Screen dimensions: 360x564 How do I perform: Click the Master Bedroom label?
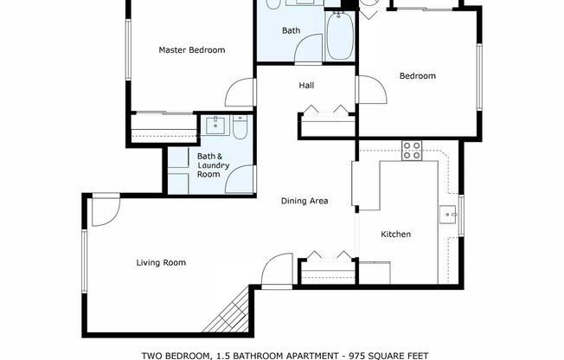[191, 50]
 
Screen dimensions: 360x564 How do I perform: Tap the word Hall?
[306, 86]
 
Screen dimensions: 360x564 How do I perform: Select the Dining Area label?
[304, 201]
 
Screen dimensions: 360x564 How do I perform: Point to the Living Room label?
[161, 262]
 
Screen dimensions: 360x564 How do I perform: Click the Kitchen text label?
[396, 235]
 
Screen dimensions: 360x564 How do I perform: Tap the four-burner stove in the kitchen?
[411, 151]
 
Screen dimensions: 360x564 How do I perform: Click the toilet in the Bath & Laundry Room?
[240, 129]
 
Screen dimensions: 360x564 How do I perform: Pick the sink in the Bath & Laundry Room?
[214, 125]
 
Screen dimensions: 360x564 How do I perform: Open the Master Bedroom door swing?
[241, 93]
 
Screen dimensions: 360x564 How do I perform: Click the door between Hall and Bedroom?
[364, 89]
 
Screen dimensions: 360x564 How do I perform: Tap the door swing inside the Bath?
[309, 48]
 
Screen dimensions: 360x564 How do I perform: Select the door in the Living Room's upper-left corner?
[104, 210]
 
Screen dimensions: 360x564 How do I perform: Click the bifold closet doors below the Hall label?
[327, 110]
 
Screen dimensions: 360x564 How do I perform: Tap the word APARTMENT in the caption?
[309, 355]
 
